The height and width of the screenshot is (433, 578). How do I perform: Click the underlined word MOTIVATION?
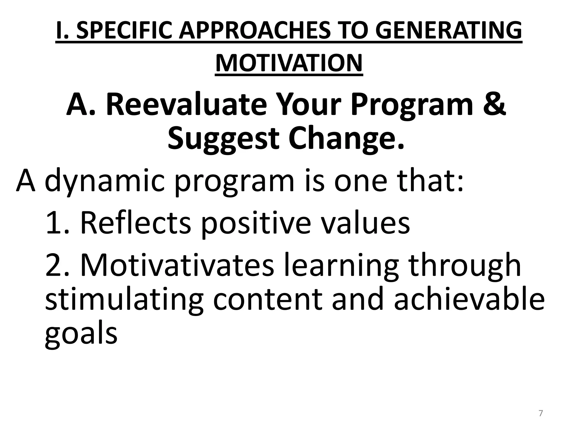click(x=289, y=63)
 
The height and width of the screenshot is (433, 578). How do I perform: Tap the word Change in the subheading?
click(x=346, y=139)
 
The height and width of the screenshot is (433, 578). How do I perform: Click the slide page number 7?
click(x=540, y=414)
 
